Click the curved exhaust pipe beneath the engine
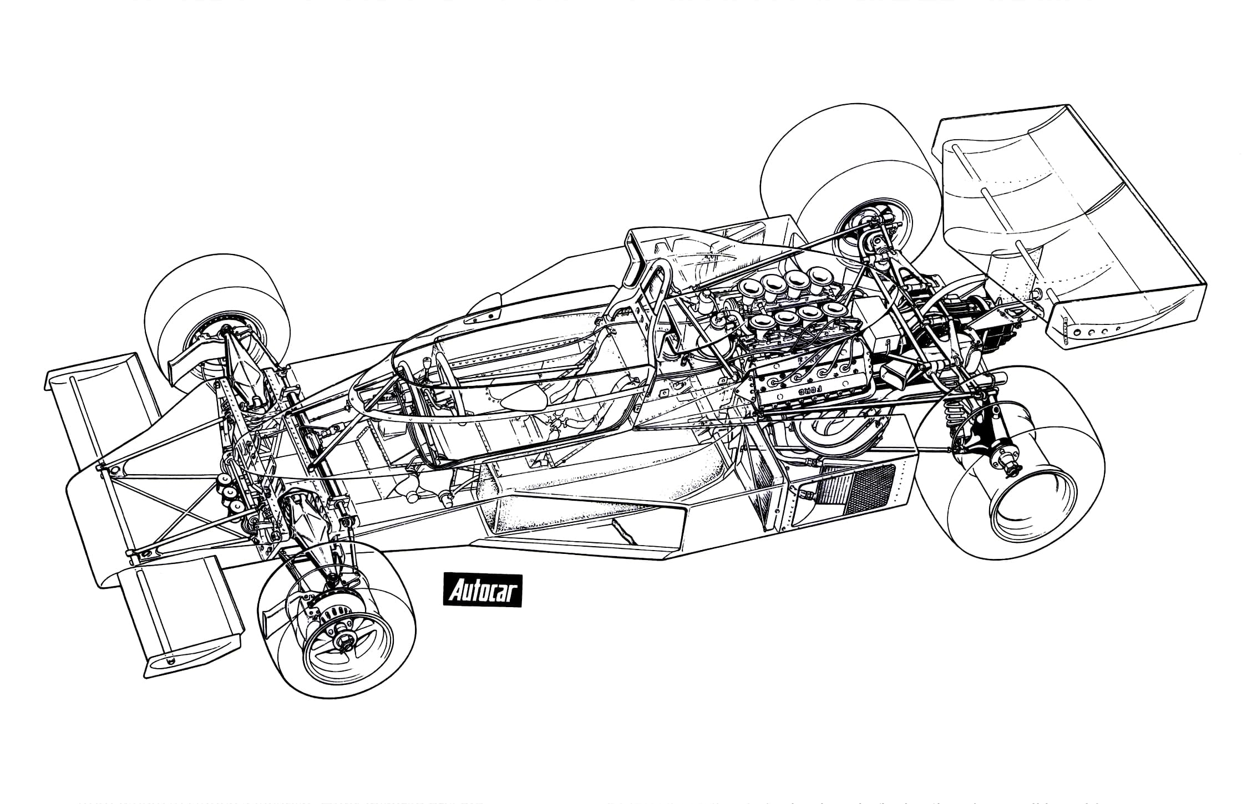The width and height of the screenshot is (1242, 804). click(x=832, y=433)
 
